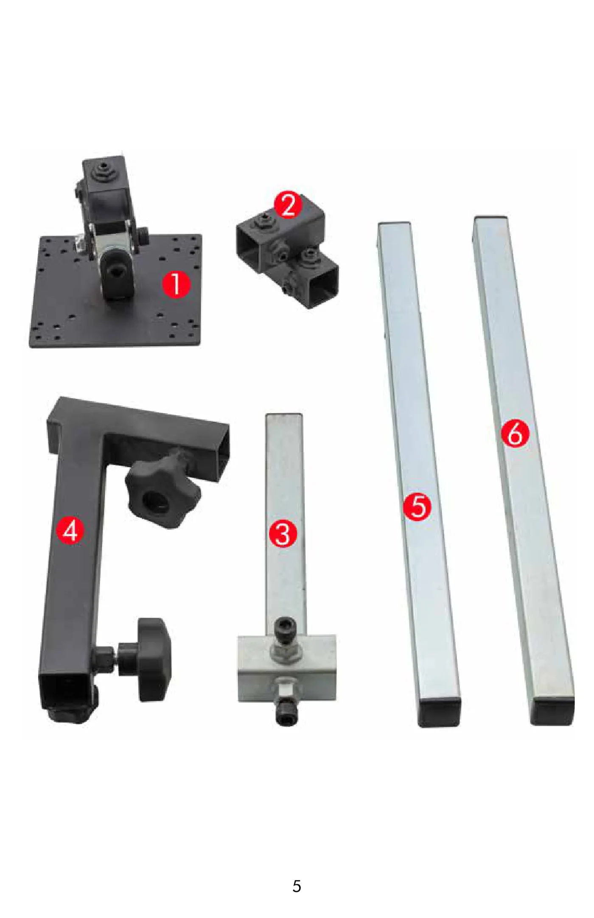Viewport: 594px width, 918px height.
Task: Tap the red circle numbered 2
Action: (288, 205)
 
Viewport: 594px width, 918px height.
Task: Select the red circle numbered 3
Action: (283, 533)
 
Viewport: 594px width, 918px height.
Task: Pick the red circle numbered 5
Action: (417, 507)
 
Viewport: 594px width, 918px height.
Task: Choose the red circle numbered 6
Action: (515, 434)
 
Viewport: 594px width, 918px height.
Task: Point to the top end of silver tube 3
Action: (284, 415)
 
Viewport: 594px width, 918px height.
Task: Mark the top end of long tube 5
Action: (394, 224)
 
